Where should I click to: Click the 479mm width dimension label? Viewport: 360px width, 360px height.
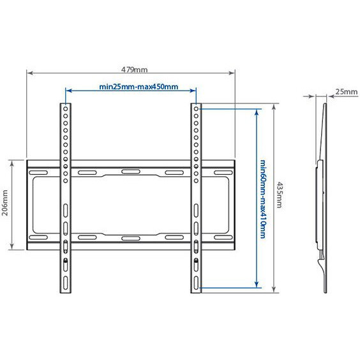click(x=131, y=69)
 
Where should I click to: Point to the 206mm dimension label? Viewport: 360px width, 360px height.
click(x=5, y=204)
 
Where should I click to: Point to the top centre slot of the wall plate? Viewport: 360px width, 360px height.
click(x=130, y=172)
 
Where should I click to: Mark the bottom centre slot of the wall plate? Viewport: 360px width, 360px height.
click(x=130, y=237)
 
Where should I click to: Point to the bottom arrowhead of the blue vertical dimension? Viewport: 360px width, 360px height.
click(x=257, y=285)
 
